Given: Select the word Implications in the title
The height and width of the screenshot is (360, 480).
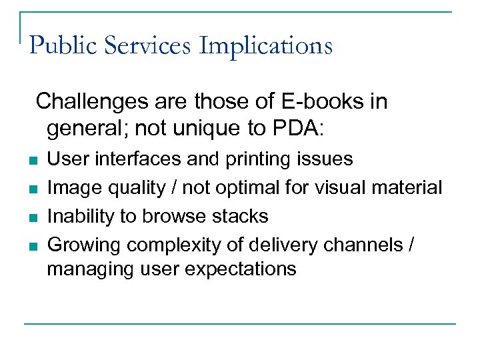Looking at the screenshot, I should tap(265, 46).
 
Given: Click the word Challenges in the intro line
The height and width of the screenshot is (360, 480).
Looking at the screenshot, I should tap(92, 102).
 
